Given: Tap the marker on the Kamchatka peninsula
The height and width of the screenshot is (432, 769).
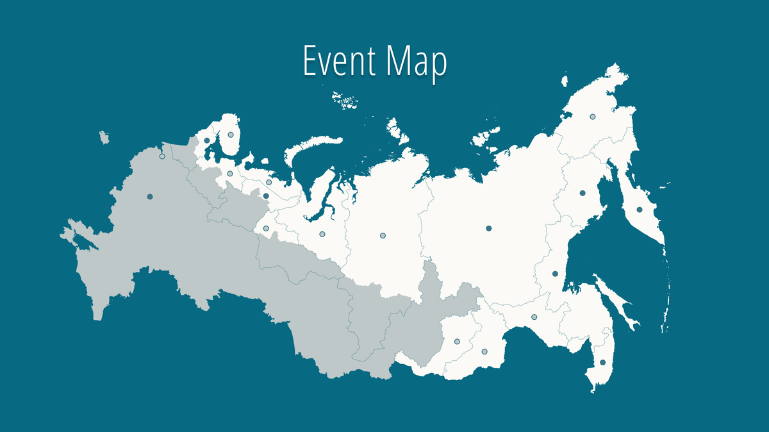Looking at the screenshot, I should [639, 210].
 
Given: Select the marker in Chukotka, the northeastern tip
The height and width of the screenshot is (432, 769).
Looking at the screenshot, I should [593, 117].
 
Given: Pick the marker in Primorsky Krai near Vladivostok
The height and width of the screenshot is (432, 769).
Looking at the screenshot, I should [602, 363].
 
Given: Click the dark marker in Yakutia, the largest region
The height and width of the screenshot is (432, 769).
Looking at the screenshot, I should [488, 228].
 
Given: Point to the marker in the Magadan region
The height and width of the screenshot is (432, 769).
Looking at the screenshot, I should [583, 193].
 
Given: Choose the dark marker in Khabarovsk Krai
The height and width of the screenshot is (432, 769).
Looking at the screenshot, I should [555, 274].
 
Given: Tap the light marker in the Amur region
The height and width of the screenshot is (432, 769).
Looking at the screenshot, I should [534, 317].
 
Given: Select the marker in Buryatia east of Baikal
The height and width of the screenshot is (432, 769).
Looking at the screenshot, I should [457, 341].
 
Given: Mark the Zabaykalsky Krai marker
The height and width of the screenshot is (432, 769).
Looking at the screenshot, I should [484, 351].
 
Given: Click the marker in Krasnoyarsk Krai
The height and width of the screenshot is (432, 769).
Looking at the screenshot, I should [383, 236].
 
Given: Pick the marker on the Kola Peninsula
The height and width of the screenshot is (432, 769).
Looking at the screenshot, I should [230, 135].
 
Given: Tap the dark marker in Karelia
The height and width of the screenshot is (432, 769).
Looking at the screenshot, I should [207, 140].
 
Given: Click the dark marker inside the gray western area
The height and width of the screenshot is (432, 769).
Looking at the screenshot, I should [149, 196].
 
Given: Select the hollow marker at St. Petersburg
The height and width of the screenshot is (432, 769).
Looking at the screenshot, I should [162, 156].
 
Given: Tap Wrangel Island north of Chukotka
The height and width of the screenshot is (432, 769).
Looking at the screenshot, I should [565, 81].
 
